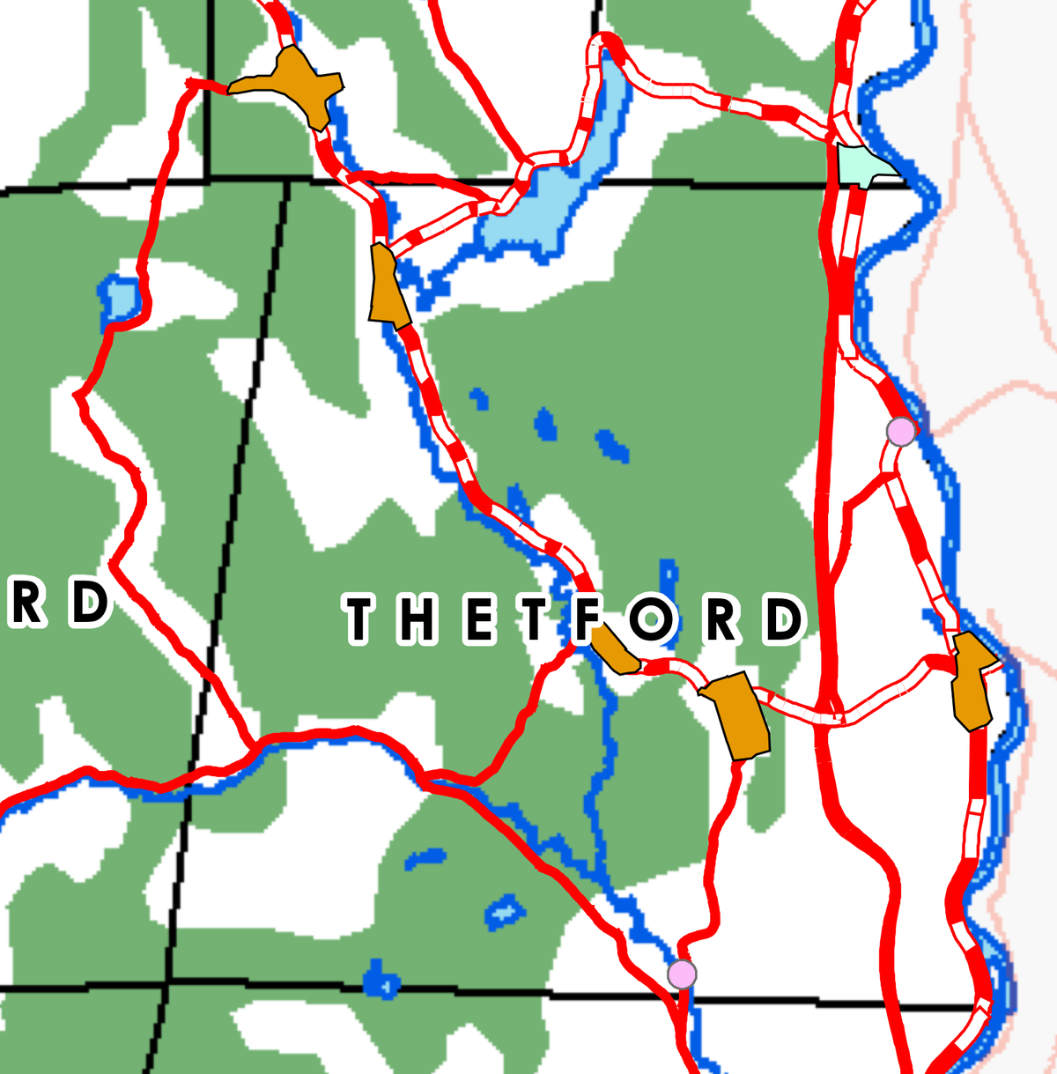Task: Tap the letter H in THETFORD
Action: (x=415, y=618)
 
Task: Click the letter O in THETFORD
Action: (x=653, y=618)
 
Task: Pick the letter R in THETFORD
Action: (x=721, y=618)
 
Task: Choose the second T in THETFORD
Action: (x=533, y=618)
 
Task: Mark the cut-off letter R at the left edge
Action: (x=26, y=604)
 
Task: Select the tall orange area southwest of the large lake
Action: (x=388, y=286)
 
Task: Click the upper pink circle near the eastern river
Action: (x=900, y=432)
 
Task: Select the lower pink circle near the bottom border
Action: (x=682, y=974)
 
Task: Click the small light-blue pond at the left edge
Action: (x=121, y=300)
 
